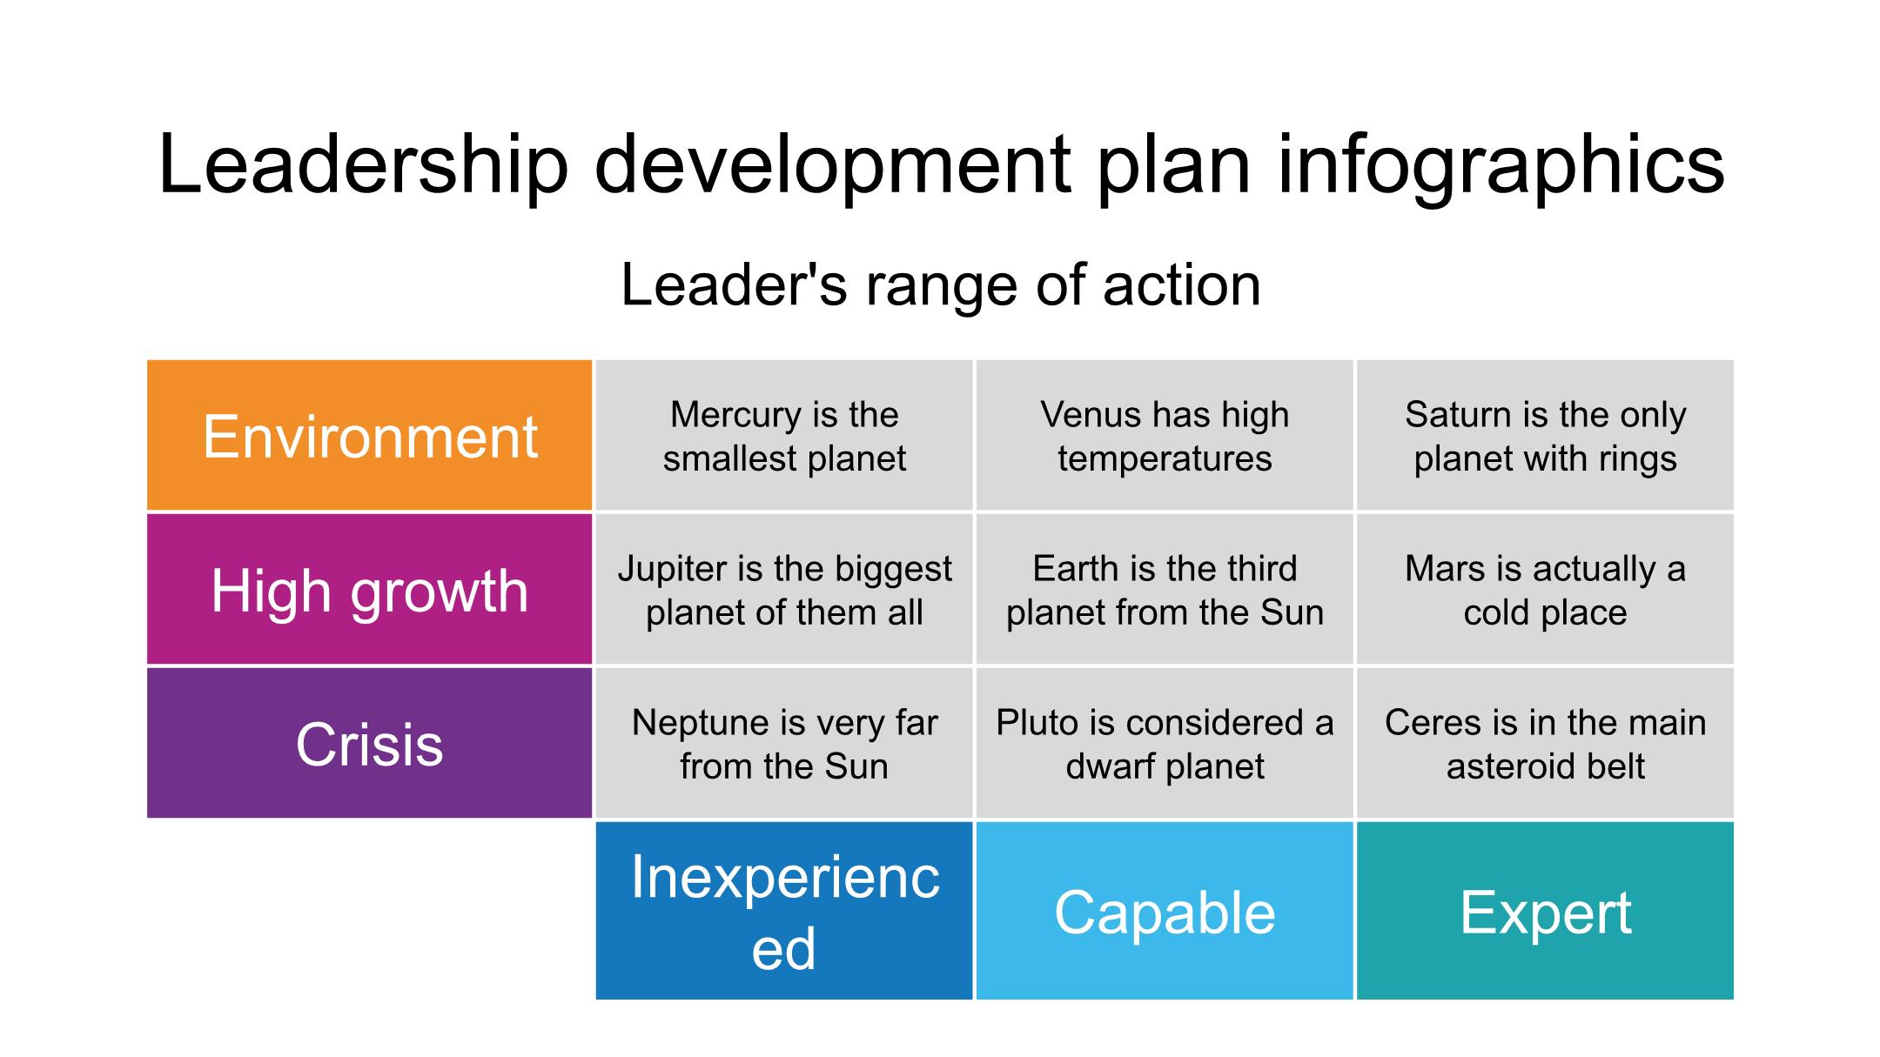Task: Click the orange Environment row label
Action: coord(370,435)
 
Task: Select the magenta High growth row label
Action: coord(370,589)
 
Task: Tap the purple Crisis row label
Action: coord(370,743)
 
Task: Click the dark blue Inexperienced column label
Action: coord(784,911)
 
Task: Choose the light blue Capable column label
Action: coord(1165,911)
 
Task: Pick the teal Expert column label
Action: coord(1545,911)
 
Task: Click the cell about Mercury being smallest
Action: coord(784,435)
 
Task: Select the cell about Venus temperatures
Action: coord(1165,435)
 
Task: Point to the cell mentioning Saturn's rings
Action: coord(1545,435)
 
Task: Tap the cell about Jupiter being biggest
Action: coord(784,589)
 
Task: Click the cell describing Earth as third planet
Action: coord(1165,589)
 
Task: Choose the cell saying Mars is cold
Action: coord(1545,589)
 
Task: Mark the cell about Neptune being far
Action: coord(784,743)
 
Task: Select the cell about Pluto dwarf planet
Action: coord(1165,743)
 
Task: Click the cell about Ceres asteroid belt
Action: coord(1545,743)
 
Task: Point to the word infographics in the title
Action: coord(1501,165)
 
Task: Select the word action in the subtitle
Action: coord(1182,285)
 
